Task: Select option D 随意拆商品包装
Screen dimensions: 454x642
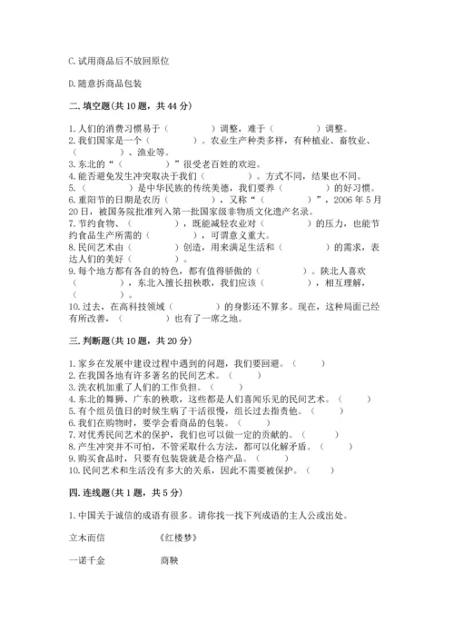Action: (105, 83)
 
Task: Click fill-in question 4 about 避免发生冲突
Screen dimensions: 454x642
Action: (213, 176)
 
